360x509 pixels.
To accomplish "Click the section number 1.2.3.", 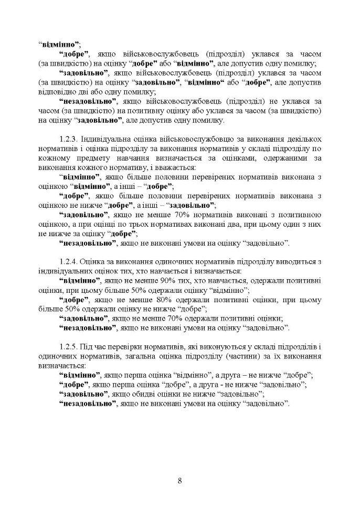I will click(x=71, y=137).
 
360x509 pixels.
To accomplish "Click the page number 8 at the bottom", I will click(x=179, y=481).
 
